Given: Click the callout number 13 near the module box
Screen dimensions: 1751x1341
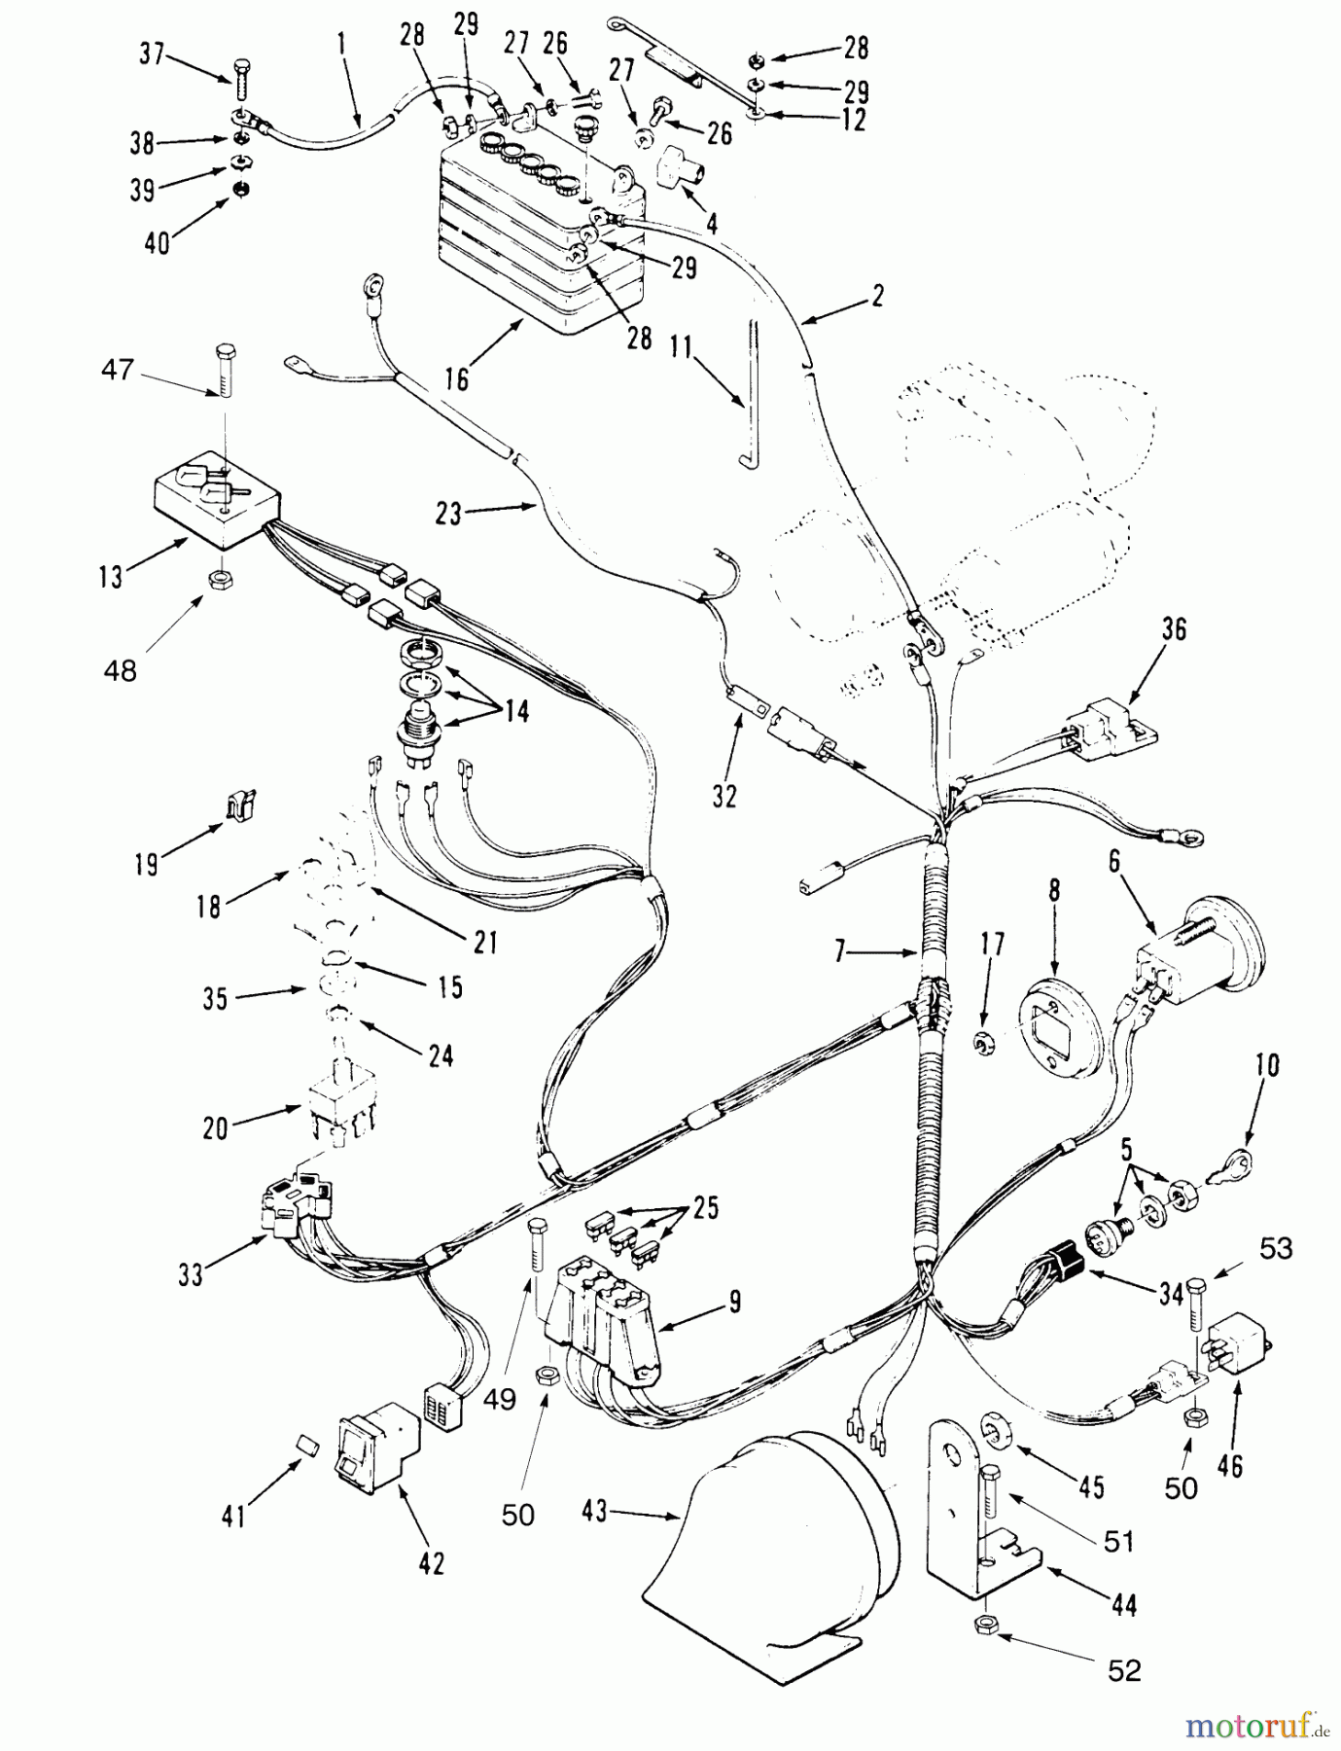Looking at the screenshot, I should (111, 577).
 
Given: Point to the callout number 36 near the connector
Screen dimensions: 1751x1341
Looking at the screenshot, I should (1174, 629).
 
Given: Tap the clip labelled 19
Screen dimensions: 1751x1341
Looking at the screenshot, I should (238, 804).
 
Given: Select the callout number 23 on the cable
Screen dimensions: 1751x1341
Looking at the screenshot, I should (448, 513).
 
